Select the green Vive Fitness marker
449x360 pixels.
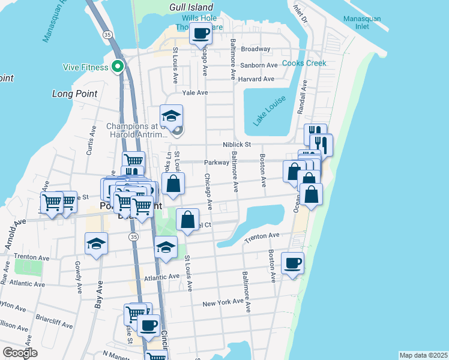coord(118,67)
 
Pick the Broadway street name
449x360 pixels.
coord(256,49)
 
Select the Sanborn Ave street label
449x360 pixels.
coord(259,65)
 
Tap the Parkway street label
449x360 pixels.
coord(217,163)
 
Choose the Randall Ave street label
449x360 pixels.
coord(301,97)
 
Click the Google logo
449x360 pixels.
coord(20,352)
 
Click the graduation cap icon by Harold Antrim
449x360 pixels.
coord(171,115)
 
